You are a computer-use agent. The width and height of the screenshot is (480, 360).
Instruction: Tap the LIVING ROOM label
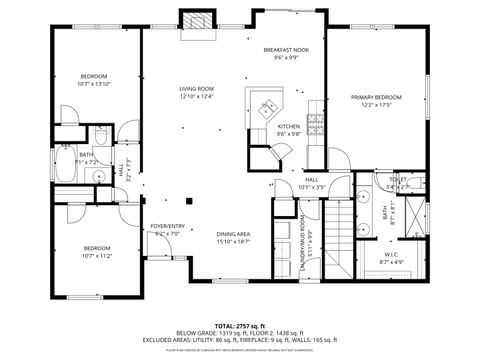coord(196,89)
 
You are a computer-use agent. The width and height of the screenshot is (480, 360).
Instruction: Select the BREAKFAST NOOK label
coord(286,50)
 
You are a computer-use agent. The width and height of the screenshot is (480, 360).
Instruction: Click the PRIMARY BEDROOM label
coord(376,97)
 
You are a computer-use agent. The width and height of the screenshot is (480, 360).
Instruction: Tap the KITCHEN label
coord(288,126)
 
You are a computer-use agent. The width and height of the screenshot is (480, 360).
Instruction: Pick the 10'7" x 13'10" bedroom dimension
coord(95,84)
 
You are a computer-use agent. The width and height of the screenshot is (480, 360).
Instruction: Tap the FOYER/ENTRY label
coord(168,226)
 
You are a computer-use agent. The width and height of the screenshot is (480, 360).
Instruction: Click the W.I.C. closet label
coord(390,253)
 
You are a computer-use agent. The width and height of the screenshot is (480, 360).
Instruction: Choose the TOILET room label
coord(397,180)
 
